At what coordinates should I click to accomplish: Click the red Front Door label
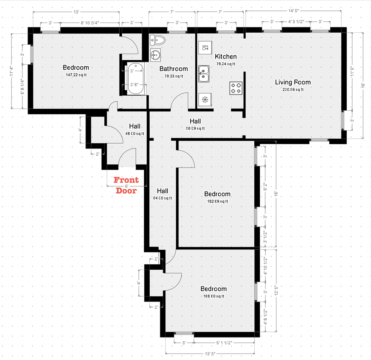pos(126,185)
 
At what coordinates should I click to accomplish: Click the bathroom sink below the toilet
pos(155,55)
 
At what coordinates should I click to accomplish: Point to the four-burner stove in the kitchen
pos(236,88)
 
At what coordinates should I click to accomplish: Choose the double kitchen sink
pos(204,73)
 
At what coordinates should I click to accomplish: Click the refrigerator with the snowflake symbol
pos(204,100)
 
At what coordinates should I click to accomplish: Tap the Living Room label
pos(293,82)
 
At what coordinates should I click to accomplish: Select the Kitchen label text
pos(225,57)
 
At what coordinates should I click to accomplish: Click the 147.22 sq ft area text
pos(76,75)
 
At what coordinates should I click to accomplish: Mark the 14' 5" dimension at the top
pos(294,12)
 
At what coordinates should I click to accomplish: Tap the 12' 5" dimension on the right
pos(276,290)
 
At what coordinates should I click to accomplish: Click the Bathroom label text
pos(173,69)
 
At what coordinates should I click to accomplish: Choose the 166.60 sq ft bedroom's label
pos(213,289)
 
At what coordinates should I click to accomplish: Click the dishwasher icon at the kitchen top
pos(205,48)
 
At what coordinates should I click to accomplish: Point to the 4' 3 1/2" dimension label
pos(296,22)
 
